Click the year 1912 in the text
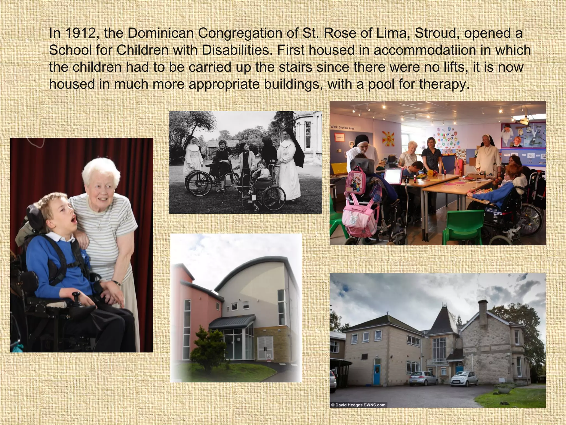[x=78, y=33]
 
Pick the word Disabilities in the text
[x=236, y=50]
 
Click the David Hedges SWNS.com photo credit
[x=358, y=405]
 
